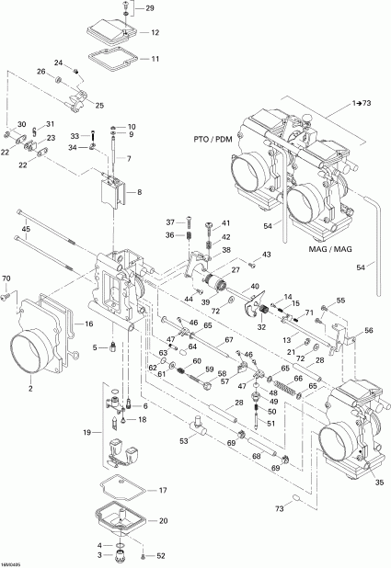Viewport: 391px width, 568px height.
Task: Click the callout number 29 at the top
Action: click(151, 8)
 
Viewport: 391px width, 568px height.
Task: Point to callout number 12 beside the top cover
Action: click(155, 32)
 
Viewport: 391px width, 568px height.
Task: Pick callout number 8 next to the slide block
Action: click(139, 193)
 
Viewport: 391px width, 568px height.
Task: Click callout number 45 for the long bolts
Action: click(26, 229)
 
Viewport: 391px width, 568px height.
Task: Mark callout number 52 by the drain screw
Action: click(162, 555)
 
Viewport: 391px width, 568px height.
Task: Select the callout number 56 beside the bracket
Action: click(370, 331)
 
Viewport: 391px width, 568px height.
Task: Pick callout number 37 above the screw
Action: click(169, 222)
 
